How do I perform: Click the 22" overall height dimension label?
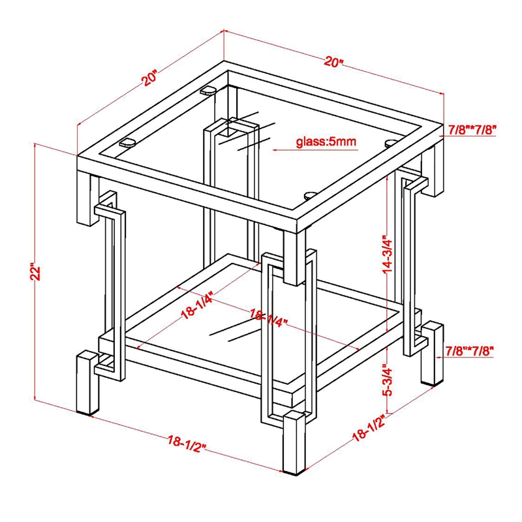tap(35, 273)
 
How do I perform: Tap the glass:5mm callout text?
tap(326, 142)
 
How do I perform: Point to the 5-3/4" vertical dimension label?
tap(387, 381)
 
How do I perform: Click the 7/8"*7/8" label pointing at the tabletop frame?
tap(472, 129)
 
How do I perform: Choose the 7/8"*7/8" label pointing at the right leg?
tap(469, 350)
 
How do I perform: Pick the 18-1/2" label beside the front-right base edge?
tap(369, 428)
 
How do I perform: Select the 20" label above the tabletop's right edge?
tap(333, 61)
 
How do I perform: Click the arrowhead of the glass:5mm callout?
tap(275, 150)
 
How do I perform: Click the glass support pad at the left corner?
tap(127, 143)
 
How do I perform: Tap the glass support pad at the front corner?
tap(311, 195)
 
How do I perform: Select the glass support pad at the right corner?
tap(390, 144)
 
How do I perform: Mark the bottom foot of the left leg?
tap(87, 412)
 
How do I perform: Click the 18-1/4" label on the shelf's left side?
tap(196, 307)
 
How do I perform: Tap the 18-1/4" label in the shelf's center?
tap(268, 318)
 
